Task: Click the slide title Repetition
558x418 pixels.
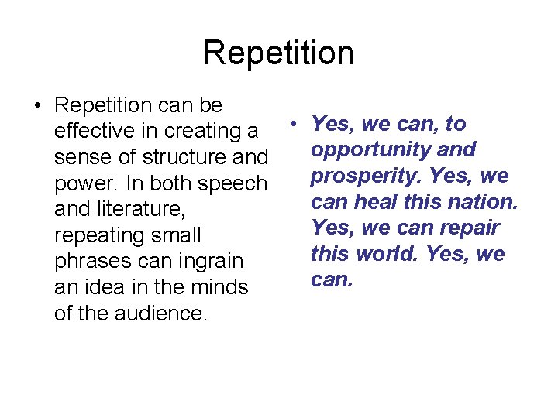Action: coord(278,53)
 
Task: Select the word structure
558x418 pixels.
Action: coord(190,157)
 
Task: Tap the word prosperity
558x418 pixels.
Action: coord(362,176)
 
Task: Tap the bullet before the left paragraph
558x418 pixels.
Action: coord(37,105)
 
